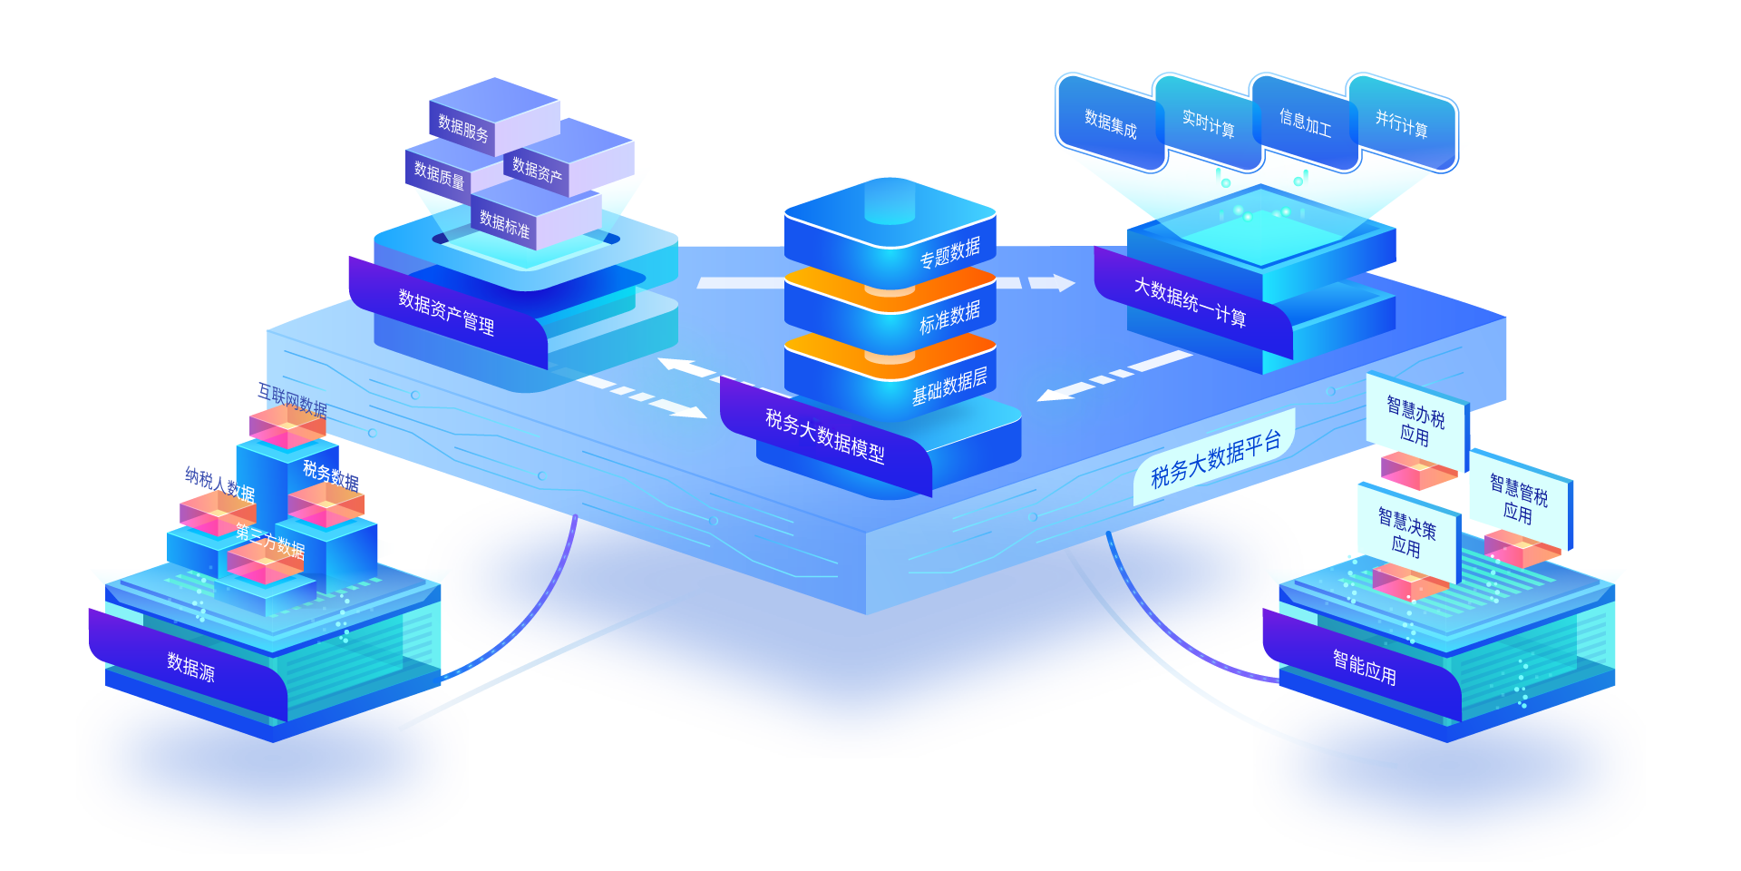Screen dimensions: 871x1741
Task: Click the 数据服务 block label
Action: [x=463, y=128]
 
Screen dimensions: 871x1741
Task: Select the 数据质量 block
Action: [x=440, y=174]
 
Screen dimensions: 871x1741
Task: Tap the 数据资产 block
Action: [x=538, y=170]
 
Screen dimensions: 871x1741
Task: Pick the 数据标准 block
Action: [x=505, y=223]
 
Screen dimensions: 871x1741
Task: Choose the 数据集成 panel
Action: [x=1111, y=123]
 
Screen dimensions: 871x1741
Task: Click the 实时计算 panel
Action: [x=1208, y=123]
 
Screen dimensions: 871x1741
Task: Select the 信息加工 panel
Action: [x=1305, y=123]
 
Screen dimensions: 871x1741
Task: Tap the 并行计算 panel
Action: [x=1402, y=124]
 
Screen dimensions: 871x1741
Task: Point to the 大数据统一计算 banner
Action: [x=1190, y=302]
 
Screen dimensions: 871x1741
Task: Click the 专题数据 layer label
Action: [x=949, y=253]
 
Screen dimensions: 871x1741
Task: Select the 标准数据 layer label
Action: [x=949, y=318]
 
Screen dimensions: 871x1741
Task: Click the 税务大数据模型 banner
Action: [x=825, y=435]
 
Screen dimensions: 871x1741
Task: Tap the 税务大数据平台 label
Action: [x=1215, y=459]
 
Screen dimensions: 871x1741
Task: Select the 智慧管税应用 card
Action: [x=1519, y=499]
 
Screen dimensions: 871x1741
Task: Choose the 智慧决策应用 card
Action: [x=1407, y=532]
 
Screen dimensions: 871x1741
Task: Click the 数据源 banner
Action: [x=190, y=667]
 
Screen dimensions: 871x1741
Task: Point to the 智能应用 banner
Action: [x=1364, y=667]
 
